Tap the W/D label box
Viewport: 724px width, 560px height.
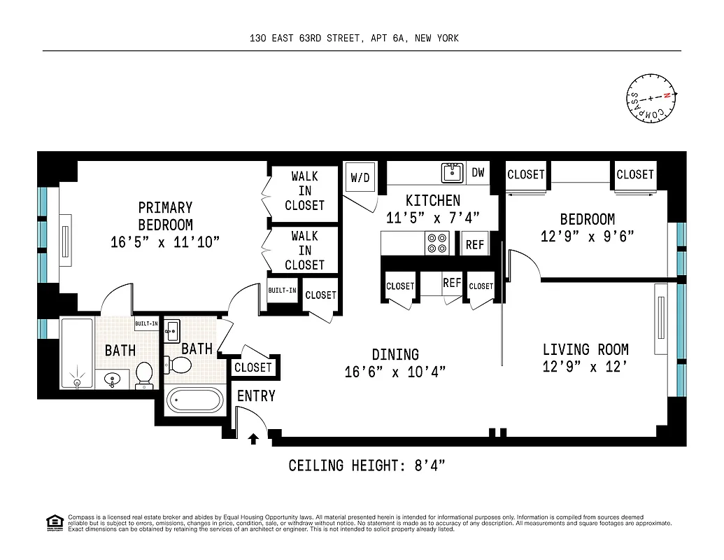click(360, 178)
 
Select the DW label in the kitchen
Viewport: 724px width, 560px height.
click(478, 172)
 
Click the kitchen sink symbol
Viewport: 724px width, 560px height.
click(451, 172)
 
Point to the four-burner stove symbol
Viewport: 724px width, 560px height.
click(437, 243)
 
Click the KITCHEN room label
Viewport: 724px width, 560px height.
click(433, 201)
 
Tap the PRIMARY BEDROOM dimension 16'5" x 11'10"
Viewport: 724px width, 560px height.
click(165, 243)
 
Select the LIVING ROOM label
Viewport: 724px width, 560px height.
click(585, 349)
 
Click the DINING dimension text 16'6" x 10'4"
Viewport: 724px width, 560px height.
click(395, 372)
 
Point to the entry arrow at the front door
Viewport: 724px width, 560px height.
click(253, 439)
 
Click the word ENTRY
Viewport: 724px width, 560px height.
click(256, 396)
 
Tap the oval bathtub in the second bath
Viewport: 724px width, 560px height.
click(194, 402)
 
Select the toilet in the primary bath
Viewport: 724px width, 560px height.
click(145, 374)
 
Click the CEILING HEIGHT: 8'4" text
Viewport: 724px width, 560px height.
click(367, 465)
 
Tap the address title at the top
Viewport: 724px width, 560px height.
click(354, 38)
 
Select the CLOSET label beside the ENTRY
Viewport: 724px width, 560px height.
click(253, 367)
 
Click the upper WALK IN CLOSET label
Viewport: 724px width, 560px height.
click(304, 191)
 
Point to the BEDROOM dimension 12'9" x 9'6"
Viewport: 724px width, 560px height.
click(587, 237)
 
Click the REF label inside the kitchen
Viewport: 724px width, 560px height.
click(475, 245)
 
